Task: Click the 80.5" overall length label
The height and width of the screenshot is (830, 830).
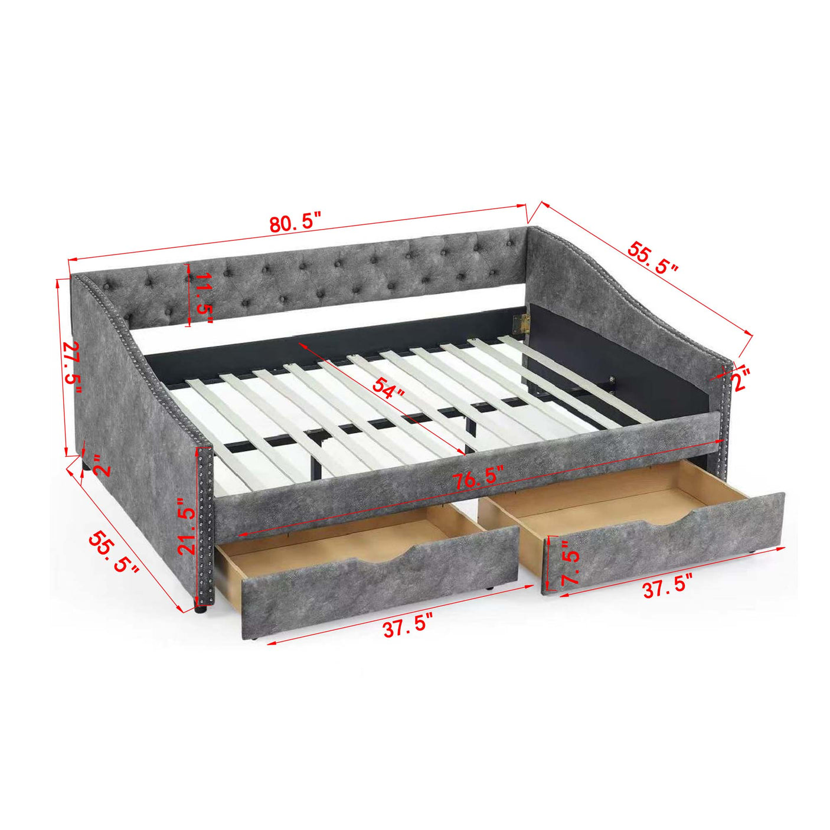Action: tap(295, 224)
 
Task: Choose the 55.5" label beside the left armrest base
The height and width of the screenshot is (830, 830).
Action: tap(113, 552)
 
